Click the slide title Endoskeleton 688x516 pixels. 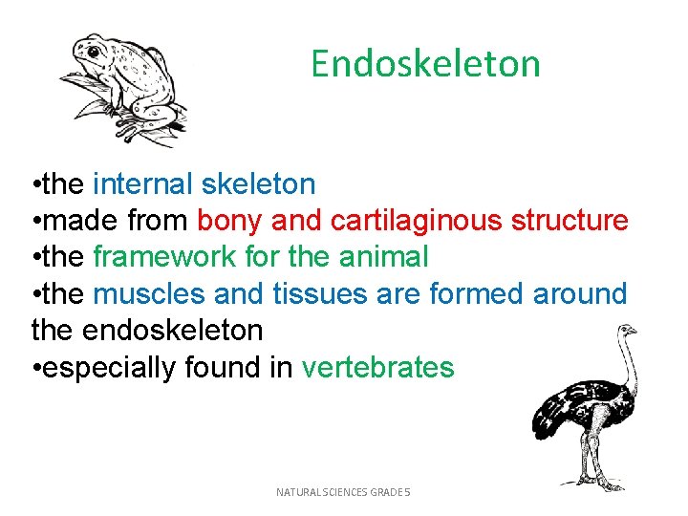point(425,64)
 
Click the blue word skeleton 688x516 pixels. point(258,183)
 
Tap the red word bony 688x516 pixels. point(230,221)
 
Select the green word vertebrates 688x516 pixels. point(377,368)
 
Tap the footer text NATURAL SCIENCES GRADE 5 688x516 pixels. point(342,492)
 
